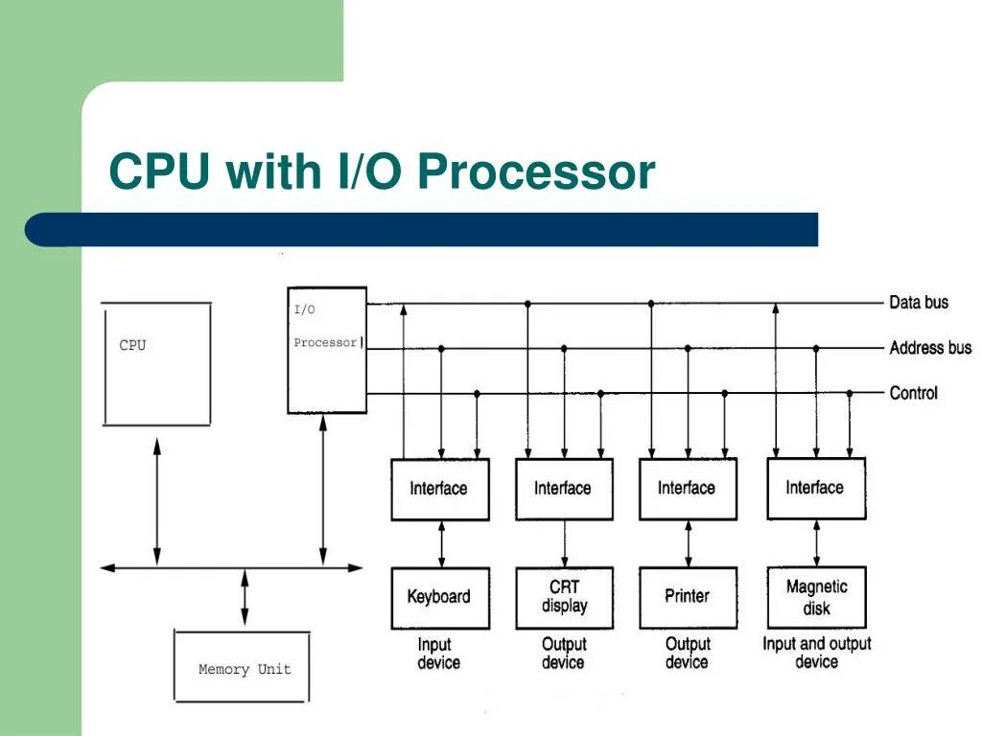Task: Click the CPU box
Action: [156, 364]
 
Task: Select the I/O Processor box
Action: [327, 351]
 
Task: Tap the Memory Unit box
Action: [242, 666]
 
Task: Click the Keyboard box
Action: [440, 598]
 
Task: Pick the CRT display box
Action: [564, 598]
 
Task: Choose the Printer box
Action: [689, 598]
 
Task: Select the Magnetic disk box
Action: [817, 597]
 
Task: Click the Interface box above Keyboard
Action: [439, 490]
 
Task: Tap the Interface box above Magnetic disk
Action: [817, 489]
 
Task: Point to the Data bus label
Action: [919, 303]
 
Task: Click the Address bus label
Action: [930, 348]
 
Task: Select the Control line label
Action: [914, 393]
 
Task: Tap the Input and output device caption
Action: [817, 653]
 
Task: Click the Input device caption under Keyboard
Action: [438, 654]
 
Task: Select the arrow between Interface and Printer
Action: [689, 544]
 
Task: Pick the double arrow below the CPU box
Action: [157, 501]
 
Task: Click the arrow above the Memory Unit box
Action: [245, 597]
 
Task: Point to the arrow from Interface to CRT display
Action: [564, 544]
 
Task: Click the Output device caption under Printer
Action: [688, 653]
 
